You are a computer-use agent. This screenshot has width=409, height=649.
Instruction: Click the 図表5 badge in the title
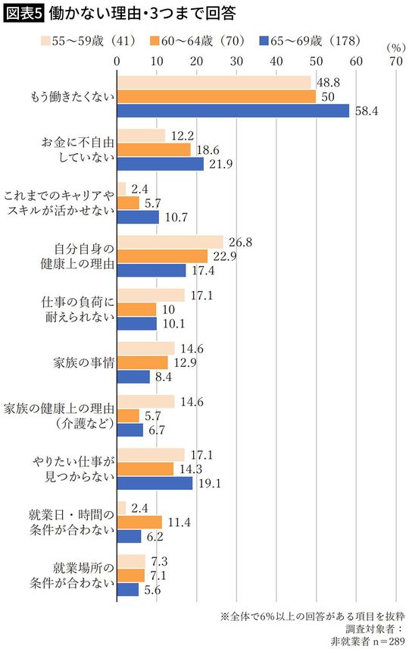25,13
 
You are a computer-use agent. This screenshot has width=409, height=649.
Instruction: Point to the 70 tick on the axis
395,60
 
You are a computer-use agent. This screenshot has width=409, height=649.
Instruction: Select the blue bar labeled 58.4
233,111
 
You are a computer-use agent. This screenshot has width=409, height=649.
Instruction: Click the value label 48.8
327,81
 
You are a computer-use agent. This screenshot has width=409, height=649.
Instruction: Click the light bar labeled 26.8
170,242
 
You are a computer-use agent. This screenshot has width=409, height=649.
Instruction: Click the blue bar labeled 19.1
155,483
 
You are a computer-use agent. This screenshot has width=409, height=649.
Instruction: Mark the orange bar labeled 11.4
139,522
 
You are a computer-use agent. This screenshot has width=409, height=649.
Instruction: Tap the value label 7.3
159,560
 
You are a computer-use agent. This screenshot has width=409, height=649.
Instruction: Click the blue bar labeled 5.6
128,589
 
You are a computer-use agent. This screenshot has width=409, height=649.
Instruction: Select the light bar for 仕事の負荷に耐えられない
151,295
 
